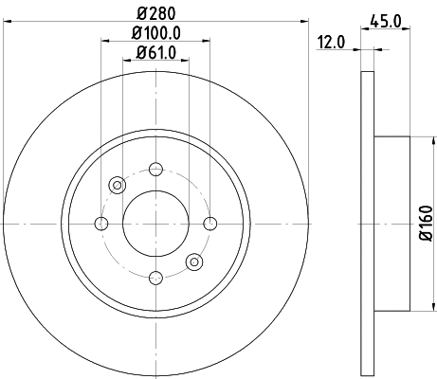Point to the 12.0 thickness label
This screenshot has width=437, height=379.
[331, 41]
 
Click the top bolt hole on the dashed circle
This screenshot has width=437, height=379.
[155, 171]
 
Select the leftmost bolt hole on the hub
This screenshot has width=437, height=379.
[101, 224]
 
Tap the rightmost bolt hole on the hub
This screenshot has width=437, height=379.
[209, 224]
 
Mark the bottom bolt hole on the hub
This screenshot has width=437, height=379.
[155, 278]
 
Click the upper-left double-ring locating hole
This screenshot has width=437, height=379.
[118, 186]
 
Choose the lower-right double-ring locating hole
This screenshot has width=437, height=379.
[193, 262]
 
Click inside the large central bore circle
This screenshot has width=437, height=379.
[155, 224]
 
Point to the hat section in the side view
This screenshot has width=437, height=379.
[392, 224]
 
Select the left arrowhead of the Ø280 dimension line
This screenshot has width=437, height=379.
[8, 20]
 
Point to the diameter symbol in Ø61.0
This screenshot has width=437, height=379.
[140, 53]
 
